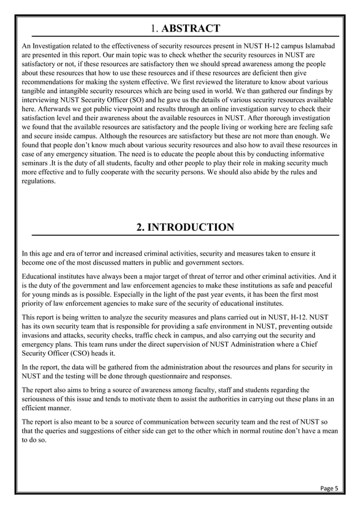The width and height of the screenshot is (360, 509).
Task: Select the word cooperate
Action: [x=149, y=172]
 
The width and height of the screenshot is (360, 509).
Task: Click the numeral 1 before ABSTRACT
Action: [x=153, y=28]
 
